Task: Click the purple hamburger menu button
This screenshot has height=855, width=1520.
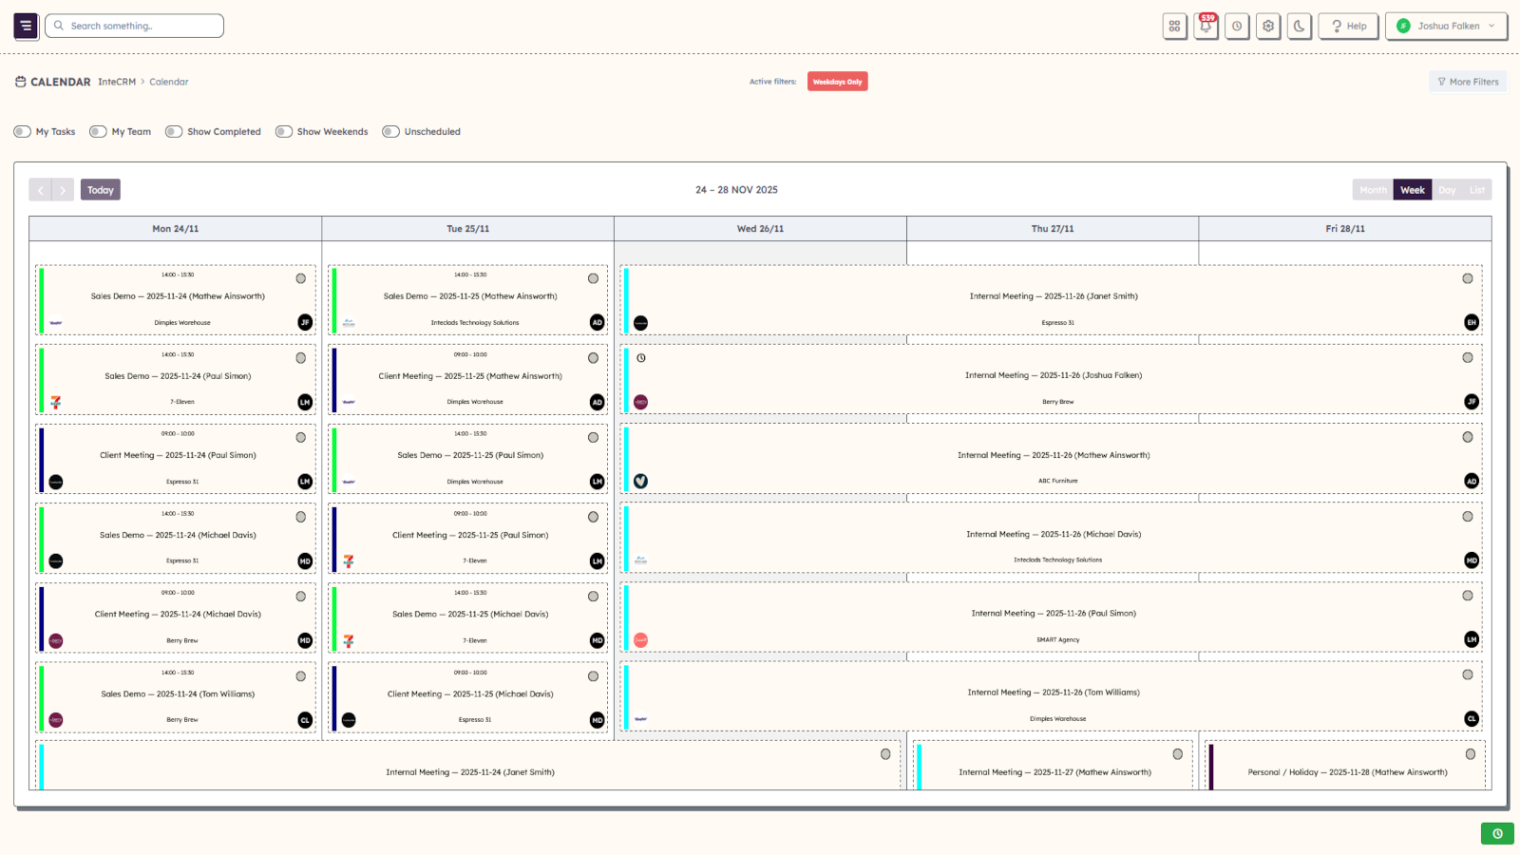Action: coord(27,26)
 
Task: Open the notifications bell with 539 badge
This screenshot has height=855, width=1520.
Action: coord(1206,26)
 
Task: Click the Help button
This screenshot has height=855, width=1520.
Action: coord(1348,26)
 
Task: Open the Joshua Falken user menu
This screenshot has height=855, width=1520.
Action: coord(1446,26)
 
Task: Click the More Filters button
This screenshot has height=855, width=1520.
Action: coord(1468,82)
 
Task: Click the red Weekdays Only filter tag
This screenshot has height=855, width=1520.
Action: coord(837,82)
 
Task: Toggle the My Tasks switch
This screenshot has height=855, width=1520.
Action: coord(22,132)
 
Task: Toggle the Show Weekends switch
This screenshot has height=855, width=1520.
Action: coord(283,132)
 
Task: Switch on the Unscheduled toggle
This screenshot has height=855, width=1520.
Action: coord(390,132)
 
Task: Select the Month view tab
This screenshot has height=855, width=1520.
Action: coord(1373,190)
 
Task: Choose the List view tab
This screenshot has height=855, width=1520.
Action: coord(1476,190)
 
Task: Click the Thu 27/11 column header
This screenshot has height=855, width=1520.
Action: coord(1052,229)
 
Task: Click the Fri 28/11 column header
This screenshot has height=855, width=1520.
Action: coord(1344,229)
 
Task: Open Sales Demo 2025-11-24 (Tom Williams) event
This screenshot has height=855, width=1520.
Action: coord(178,694)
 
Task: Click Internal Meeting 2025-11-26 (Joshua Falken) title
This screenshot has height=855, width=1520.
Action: coord(1053,375)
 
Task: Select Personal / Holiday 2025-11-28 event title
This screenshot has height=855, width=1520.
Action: coord(1347,772)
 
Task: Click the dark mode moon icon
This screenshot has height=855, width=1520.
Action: coord(1299,26)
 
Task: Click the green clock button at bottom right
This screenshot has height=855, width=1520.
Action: coord(1497,833)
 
